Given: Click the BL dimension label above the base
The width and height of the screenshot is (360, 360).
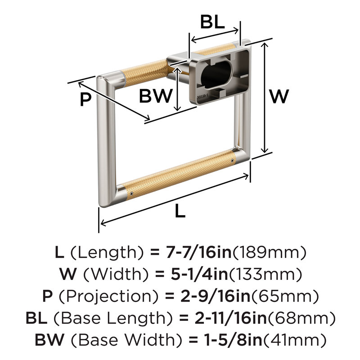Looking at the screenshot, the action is click(x=212, y=22).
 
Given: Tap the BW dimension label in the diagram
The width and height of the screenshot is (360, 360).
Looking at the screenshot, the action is click(x=156, y=95).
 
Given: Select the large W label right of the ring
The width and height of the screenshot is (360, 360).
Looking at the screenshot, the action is click(x=279, y=96).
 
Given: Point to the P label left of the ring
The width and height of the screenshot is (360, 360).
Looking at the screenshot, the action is click(x=85, y=99).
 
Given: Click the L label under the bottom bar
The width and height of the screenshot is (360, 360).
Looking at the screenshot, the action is click(x=180, y=211).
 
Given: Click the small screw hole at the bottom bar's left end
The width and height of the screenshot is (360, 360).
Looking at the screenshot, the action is click(x=131, y=194).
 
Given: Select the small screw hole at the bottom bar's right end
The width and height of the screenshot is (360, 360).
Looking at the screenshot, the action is click(x=232, y=161).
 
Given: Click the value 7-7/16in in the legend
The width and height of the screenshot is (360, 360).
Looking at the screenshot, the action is click(x=198, y=252).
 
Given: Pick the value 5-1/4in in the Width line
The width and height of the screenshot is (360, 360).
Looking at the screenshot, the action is click(x=199, y=274).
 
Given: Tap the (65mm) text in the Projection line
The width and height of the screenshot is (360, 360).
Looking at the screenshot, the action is click(x=285, y=296).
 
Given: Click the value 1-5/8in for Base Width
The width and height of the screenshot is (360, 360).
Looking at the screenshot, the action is click(x=233, y=340).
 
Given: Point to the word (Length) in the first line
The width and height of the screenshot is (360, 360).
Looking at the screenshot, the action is click(x=107, y=252).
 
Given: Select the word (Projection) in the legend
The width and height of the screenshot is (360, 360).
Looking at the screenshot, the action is click(x=108, y=297).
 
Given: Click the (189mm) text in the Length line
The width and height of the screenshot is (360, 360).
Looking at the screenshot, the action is click(x=269, y=252).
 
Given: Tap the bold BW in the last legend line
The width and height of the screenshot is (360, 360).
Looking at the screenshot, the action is click(x=50, y=340).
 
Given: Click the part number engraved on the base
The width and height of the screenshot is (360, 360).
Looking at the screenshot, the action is click(x=202, y=96).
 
